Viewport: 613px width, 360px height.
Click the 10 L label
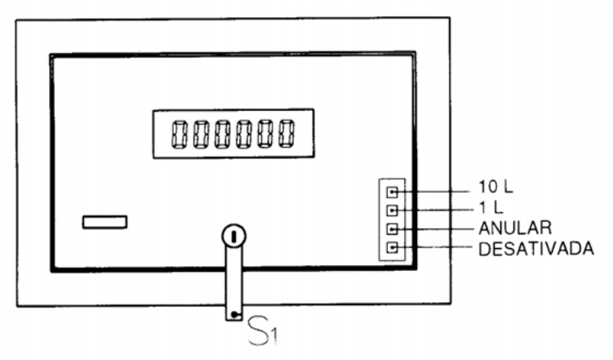495,187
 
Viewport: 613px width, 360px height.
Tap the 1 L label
491,208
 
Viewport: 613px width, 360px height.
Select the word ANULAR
515,228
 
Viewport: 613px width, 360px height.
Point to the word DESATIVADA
536,249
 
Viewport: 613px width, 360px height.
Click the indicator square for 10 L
392,192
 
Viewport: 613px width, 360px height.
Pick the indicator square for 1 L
392,211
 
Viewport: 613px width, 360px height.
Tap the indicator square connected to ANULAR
392,229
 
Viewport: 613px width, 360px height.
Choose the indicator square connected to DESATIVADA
392,247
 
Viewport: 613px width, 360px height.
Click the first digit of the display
179,134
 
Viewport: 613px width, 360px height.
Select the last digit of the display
287,134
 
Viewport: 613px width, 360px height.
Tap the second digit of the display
201,134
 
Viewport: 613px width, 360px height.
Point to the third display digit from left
223,134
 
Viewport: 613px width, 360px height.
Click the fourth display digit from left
243,134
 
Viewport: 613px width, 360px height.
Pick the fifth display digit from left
265,134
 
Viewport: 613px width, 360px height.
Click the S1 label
263,332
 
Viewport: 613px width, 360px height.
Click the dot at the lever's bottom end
233,314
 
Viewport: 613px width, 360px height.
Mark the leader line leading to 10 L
434,192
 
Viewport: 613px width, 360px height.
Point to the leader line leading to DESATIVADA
436,247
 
